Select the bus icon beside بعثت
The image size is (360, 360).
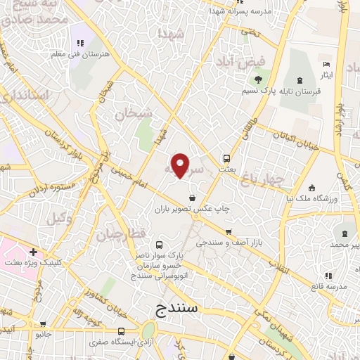[227, 159]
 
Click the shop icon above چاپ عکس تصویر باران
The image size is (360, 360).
[193, 198]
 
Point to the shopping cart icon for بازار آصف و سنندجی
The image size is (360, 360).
[228, 232]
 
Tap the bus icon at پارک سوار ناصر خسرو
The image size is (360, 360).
[160, 245]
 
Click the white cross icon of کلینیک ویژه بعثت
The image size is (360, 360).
[33, 252]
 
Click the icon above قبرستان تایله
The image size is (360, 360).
[301, 80]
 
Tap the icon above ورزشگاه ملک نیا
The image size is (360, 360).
[312, 188]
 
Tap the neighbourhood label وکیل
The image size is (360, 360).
[60, 219]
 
